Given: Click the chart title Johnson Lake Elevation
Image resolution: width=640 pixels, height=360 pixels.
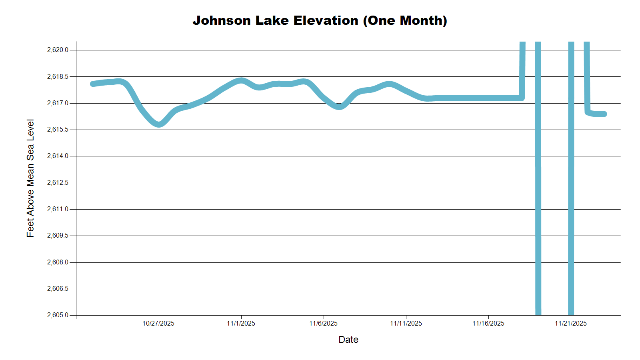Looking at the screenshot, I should tap(320, 20).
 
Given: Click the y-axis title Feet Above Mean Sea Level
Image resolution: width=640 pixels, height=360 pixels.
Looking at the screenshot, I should tap(30, 178).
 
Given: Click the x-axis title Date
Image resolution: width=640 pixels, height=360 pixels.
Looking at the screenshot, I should tap(348, 340).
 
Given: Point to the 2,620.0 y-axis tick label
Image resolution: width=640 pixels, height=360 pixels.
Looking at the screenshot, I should tap(58, 50).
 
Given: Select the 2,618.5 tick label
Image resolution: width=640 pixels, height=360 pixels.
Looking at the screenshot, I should tap(58, 76).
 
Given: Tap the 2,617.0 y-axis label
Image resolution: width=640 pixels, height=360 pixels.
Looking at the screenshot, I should tap(58, 103).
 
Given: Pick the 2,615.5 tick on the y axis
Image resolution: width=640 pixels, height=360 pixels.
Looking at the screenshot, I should tap(58, 130).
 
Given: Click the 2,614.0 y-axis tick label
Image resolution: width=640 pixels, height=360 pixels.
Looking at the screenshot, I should tap(58, 156).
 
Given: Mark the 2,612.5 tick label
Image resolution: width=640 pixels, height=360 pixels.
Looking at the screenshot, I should tap(58, 183).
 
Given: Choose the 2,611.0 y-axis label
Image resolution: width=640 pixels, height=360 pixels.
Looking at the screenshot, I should tap(58, 209).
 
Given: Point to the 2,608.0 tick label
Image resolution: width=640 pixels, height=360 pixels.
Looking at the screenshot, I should tap(58, 262).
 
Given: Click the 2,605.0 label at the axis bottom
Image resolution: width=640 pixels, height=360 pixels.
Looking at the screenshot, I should tap(58, 315).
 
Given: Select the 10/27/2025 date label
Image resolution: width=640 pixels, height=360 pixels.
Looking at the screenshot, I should tap(158, 323).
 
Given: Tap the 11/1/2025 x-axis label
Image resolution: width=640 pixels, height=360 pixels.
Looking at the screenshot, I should tap(241, 323).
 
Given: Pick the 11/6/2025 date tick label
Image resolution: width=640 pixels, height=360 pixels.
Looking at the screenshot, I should tap(323, 323).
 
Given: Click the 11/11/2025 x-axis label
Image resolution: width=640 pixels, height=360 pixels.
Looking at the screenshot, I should tap(406, 323).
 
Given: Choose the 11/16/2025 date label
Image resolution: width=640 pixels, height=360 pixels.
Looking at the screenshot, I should tap(488, 323).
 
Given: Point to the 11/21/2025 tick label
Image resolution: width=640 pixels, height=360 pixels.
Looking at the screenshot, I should tap(571, 323).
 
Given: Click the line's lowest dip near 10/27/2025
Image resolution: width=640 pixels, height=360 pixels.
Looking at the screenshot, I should tap(159, 124).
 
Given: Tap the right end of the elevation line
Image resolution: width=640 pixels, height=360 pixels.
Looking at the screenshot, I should tap(605, 114).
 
